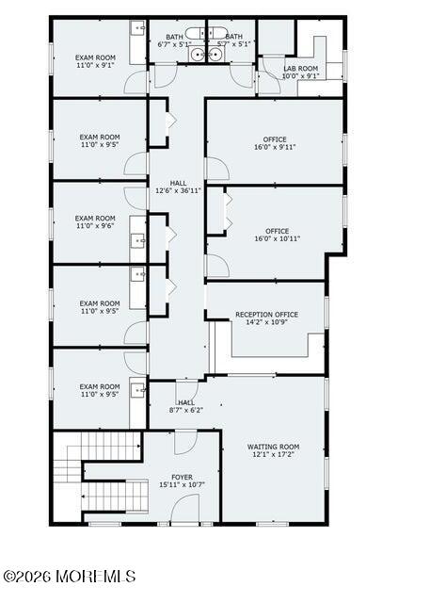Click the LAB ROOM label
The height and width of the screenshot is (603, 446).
(301, 69)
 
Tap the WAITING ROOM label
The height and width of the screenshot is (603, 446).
(273, 447)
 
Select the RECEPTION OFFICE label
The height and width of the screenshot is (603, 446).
(266, 315)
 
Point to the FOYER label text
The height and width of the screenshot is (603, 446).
(183, 478)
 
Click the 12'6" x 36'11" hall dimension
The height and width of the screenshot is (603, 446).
(178, 190)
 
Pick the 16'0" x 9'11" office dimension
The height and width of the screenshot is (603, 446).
(275, 147)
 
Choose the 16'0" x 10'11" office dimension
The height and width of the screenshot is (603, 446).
(278, 238)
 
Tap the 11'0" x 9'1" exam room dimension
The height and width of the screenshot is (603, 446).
(95, 65)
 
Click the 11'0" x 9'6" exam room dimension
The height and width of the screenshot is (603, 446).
(95, 226)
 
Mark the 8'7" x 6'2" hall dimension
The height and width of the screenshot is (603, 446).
(186, 410)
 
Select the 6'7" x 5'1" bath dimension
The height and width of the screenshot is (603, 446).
(174, 44)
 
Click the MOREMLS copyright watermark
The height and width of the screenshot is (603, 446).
(70, 577)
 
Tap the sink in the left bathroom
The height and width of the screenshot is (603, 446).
(197, 55)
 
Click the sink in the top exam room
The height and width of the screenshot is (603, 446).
(137, 26)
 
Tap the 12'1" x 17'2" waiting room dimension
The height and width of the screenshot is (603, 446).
(273, 454)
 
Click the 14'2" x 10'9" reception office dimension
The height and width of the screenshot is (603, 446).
(266, 322)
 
